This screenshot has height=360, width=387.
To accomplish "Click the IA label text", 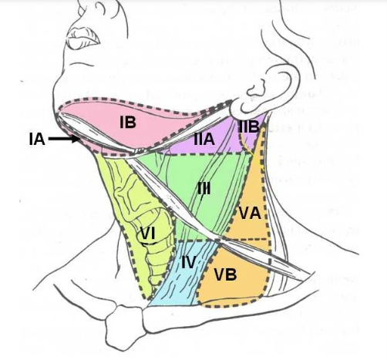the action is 37,140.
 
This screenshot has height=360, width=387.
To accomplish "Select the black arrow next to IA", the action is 65,139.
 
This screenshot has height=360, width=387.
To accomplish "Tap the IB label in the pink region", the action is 128,122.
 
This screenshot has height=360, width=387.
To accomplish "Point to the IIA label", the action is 204,139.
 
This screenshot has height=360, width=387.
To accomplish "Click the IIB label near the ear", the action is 248,126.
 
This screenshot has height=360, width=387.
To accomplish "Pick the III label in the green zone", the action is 204,189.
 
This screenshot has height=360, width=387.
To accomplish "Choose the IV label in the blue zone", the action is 189,262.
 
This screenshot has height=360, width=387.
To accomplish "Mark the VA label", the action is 250,213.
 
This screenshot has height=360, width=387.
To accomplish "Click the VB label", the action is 225,274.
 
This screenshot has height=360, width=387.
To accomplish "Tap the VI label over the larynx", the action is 147,234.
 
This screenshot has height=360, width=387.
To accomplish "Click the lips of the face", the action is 82,38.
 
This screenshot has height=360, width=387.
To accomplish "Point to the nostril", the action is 82,10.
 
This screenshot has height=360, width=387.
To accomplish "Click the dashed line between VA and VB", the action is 246,239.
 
